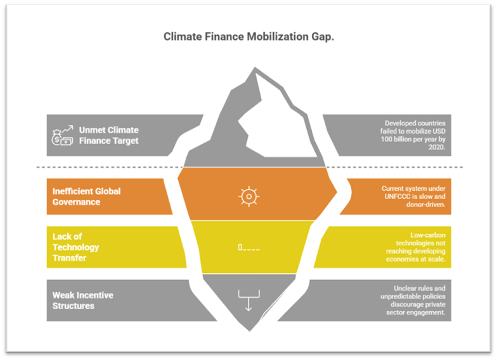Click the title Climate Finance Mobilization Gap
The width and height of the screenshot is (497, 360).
248,36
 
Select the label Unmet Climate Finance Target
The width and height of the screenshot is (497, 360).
108,135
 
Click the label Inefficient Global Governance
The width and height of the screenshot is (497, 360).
86,196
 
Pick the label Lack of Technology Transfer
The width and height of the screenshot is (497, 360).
76,247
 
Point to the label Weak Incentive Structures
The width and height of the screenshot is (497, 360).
82,300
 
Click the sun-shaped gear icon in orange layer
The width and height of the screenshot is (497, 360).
248,196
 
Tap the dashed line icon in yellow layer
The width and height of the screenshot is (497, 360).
248,247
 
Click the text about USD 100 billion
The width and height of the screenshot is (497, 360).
415,135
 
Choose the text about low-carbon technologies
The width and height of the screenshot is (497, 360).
415,247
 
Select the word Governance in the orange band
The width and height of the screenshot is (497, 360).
77,202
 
